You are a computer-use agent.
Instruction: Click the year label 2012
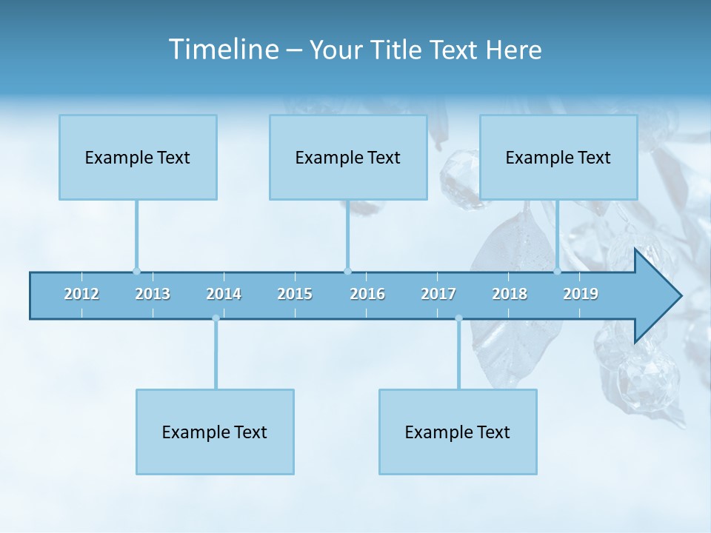[x=81, y=295]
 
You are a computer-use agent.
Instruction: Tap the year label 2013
[x=153, y=295]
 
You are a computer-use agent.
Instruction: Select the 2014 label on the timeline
[x=224, y=295]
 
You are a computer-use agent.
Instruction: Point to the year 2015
[x=295, y=295]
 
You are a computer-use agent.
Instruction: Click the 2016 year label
[x=367, y=295]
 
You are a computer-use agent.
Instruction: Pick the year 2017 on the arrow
[x=438, y=295]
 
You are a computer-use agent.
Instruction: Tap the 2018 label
[x=510, y=295]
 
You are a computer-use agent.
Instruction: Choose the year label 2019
[x=581, y=295]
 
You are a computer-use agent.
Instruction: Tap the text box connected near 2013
[x=138, y=157]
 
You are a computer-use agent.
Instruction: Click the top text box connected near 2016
[x=348, y=157]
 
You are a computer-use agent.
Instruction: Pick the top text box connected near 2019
[x=558, y=157]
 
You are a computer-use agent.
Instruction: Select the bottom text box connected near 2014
[x=215, y=432]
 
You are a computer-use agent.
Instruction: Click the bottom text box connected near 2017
[x=458, y=432]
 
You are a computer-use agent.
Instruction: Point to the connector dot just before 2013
[x=136, y=271]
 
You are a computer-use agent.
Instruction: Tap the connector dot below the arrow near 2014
[x=216, y=318]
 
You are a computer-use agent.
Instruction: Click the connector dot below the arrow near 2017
[x=458, y=318]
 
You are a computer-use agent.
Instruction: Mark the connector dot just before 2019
[x=557, y=271]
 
